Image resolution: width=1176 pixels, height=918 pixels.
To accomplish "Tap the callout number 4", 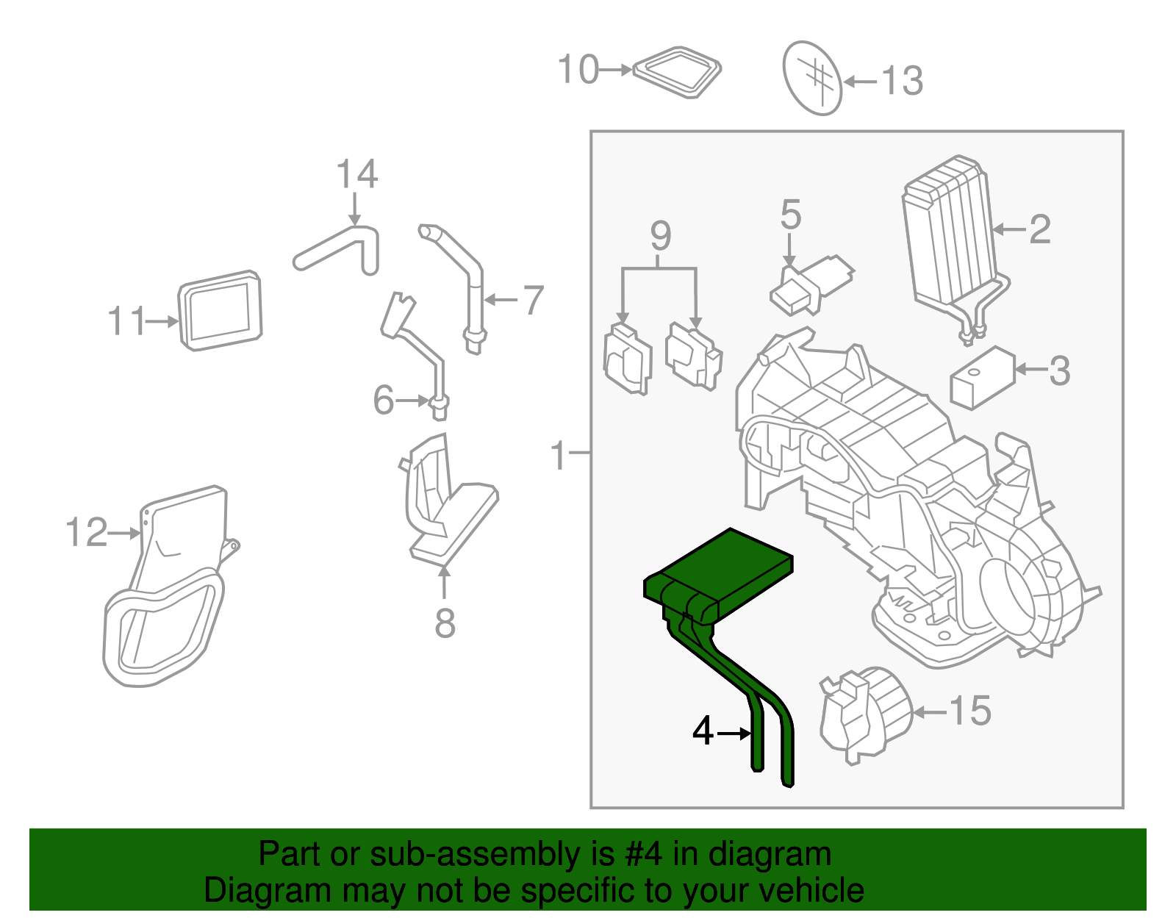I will [703, 731].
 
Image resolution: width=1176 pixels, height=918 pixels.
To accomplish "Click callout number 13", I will [902, 81].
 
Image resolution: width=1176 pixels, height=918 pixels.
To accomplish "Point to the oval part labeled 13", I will [811, 77].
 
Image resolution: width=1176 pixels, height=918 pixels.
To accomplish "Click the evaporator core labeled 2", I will [948, 235].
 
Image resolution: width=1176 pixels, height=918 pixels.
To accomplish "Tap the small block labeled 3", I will [981, 378].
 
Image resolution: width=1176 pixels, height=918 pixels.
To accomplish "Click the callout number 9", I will [660, 236].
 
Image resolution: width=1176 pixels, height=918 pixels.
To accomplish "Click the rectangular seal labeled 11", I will [220, 310].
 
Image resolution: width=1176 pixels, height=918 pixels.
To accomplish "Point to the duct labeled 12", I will [169, 588].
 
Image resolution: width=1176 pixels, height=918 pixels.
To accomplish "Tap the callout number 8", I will [445, 623].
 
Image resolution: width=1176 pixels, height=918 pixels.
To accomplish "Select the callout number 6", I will [383, 401].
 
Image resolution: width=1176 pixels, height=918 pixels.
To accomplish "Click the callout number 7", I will [533, 300].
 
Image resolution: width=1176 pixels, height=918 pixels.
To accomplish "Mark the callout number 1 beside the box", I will [559, 456].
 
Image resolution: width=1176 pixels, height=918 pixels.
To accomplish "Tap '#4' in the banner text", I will [643, 855].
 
